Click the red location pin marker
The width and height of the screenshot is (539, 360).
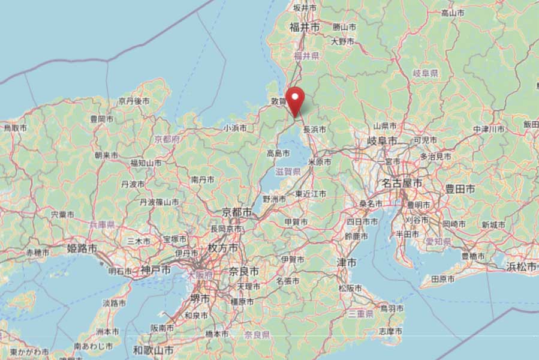[x=295, y=99]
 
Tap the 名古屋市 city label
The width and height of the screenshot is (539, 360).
[x=403, y=182]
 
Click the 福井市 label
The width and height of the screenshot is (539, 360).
[x=303, y=27]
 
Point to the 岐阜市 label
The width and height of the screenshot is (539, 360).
[x=383, y=140]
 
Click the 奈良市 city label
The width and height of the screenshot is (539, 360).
[x=244, y=272]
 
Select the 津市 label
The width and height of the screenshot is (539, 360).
[x=347, y=263]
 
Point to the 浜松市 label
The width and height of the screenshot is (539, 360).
[x=521, y=266]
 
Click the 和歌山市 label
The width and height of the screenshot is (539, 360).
[x=153, y=349]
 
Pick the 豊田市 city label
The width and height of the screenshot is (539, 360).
[x=460, y=189]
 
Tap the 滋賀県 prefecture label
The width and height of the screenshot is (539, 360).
[x=288, y=172]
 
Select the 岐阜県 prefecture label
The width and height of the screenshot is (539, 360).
[x=426, y=73]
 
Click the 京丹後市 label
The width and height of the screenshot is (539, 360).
[x=133, y=101]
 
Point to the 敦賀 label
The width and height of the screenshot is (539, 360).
[x=279, y=102]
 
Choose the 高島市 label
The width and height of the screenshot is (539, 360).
[x=279, y=154]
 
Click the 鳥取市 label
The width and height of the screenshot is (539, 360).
[x=16, y=128]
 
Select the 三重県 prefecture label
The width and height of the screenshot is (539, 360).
[x=361, y=313]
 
